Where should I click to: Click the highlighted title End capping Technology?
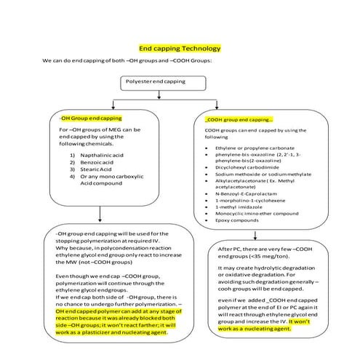[x=180, y=48]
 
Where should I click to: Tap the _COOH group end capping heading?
[x=239, y=119]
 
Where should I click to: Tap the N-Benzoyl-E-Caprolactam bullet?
[x=249, y=193]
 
